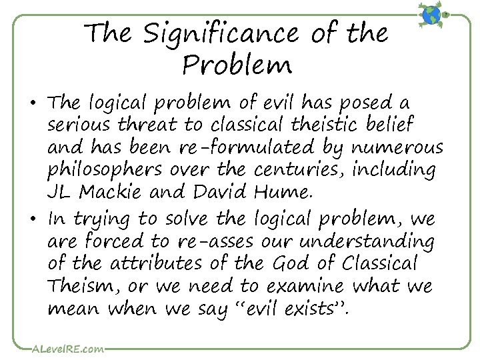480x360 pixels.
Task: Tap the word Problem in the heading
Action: (237, 65)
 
